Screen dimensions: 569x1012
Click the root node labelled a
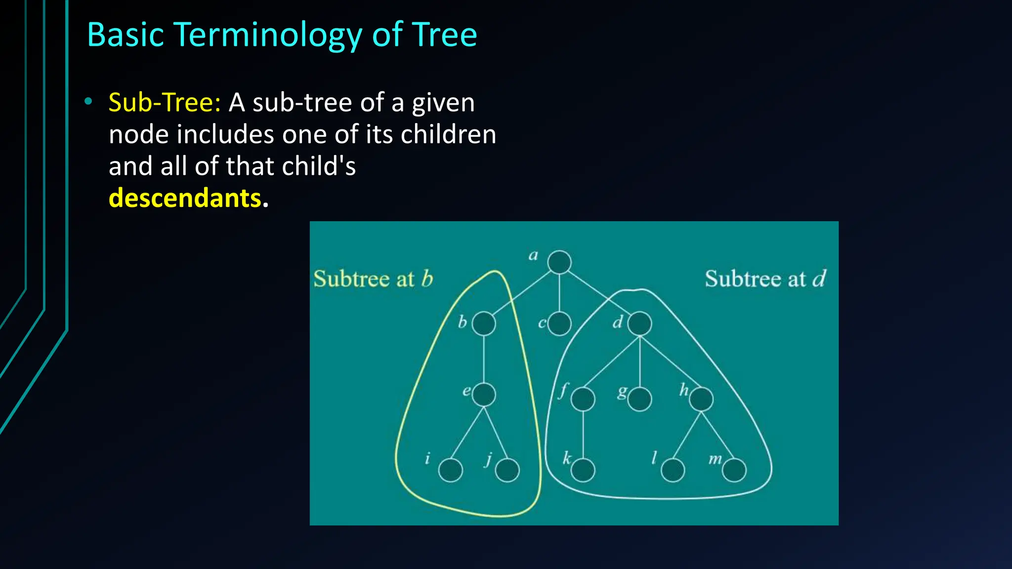[x=559, y=262]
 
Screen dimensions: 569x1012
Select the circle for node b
[x=484, y=324]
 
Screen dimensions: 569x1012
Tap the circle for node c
[x=559, y=324]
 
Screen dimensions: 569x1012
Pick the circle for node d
[x=640, y=324]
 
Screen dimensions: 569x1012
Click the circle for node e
[x=484, y=395]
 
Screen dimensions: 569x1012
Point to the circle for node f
[x=583, y=399]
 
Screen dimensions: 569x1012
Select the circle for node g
[x=640, y=399]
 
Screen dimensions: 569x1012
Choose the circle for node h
[x=701, y=399]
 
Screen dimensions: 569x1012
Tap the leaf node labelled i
[x=451, y=470]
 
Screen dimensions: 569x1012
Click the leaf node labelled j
[x=507, y=470]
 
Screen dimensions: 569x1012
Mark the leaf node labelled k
[x=583, y=470]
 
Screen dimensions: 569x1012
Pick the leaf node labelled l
[x=673, y=470]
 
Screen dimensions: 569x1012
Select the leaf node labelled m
[x=734, y=470]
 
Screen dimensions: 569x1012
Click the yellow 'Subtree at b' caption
[x=373, y=279]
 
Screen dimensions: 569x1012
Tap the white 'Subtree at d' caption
[x=765, y=279]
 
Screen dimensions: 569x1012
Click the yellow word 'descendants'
[x=185, y=198]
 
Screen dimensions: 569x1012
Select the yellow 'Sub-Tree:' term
[x=165, y=103]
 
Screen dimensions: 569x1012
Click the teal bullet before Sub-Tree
[x=88, y=102]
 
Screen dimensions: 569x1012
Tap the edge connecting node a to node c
[x=559, y=293]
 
